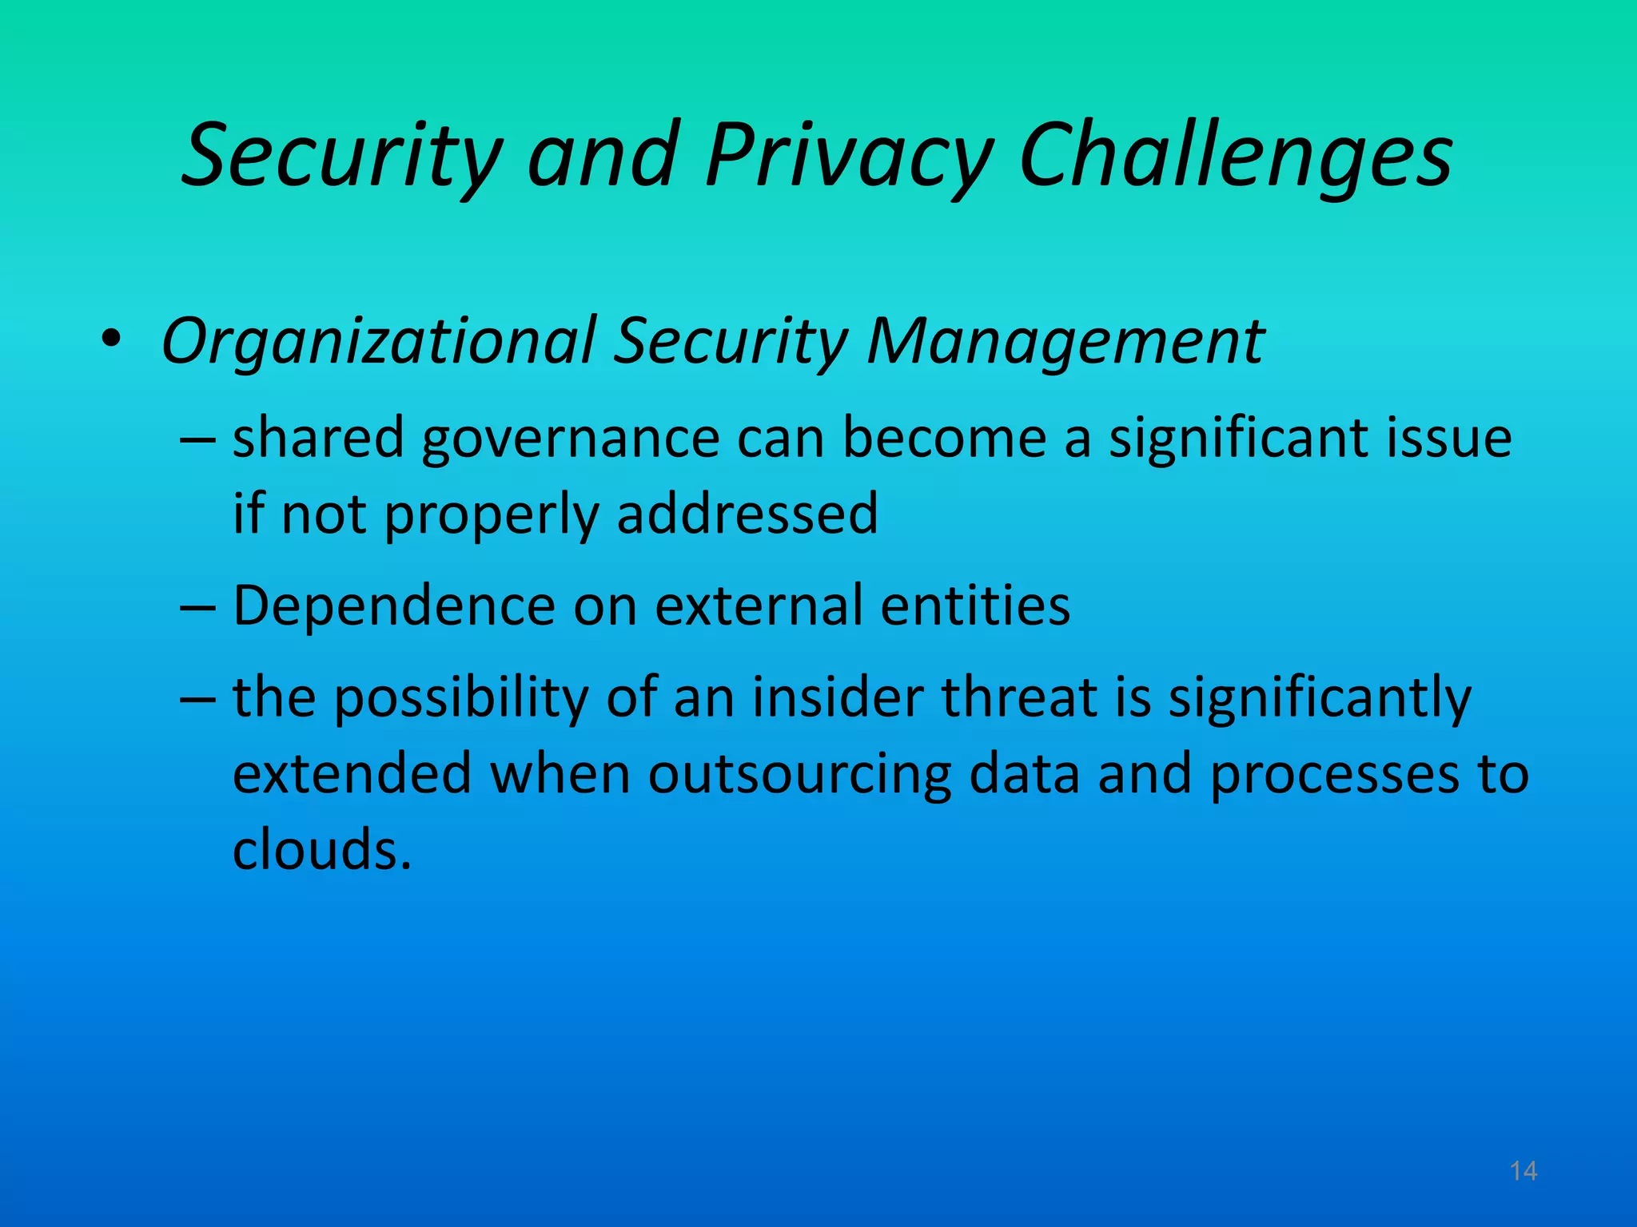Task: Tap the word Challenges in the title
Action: (1236, 156)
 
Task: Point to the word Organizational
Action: (379, 342)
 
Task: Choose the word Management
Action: (1065, 342)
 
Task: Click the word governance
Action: (571, 439)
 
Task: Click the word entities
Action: (975, 606)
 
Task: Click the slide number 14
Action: (1523, 1171)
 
